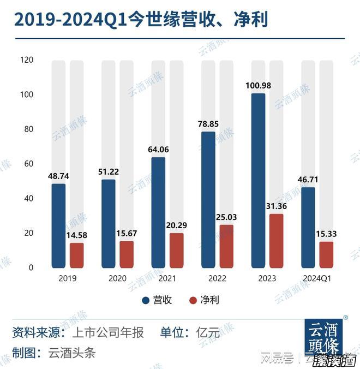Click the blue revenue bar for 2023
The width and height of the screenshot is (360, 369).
point(259,180)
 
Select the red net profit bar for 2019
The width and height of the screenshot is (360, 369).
point(77,255)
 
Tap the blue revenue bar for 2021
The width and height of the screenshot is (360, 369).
point(158,212)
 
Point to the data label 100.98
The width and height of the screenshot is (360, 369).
point(259,85)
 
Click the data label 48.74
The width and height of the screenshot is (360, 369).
point(59,176)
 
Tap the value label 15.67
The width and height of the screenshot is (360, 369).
point(127,233)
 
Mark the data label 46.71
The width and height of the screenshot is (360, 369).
point(308,179)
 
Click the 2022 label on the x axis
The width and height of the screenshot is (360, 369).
point(217,278)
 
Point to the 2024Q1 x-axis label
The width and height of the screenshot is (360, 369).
point(317,278)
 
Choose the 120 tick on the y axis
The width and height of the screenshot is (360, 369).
point(26,60)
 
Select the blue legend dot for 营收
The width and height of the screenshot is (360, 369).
point(146,300)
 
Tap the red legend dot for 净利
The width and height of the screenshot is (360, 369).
point(193,300)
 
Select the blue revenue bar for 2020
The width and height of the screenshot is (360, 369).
point(109,223)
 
